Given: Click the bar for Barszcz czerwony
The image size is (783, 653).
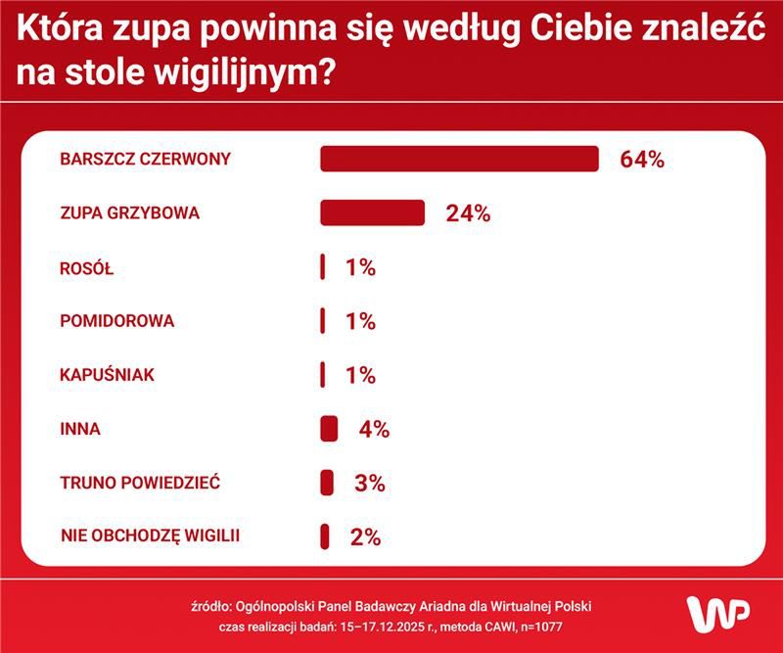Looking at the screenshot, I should coord(459,159).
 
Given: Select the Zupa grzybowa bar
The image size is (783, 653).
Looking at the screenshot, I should coord(373,212).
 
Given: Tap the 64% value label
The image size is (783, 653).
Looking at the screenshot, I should coord(642,160).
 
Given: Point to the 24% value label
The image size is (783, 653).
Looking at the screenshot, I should coord(468,213).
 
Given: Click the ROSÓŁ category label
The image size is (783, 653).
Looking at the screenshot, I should coord(87,267).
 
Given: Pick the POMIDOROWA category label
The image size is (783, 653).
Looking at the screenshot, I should coord(117,321).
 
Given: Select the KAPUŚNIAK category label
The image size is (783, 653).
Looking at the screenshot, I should coord(108,375).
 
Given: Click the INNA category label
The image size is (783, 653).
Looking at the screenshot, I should coord(80,429).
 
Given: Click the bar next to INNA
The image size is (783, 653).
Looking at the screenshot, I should coord(329,429).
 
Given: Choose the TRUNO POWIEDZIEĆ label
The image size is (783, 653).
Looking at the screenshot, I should coord(140,483).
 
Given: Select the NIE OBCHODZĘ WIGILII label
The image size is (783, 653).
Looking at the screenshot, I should coord(150,536).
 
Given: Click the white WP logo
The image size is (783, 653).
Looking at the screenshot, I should coord(719,614).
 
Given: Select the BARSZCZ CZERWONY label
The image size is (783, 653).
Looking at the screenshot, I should coord(145,159).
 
